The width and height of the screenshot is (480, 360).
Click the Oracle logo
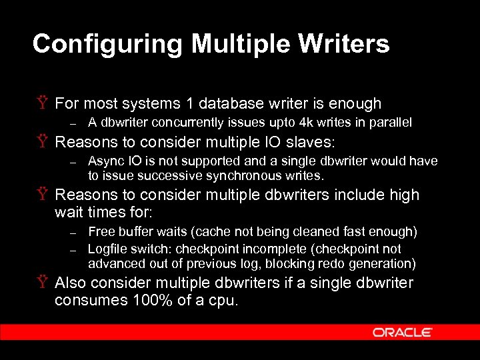[x=402, y=332]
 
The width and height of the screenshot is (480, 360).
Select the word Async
[x=103, y=161]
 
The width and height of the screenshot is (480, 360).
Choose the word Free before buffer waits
[x=101, y=232]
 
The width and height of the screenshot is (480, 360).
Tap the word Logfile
[x=107, y=249]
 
